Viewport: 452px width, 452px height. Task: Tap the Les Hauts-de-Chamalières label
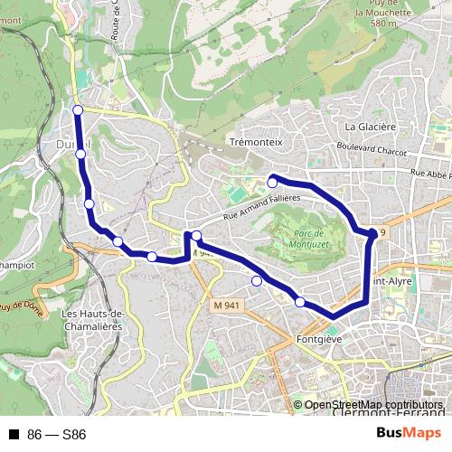click(x=92, y=318)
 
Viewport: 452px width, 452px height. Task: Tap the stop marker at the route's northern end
click(x=78, y=110)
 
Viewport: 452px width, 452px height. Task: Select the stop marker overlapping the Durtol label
click(x=81, y=155)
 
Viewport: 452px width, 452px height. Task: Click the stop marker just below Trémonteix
click(x=272, y=183)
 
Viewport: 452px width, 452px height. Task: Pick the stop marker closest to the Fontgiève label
click(x=300, y=302)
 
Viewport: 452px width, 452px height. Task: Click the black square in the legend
click(x=14, y=434)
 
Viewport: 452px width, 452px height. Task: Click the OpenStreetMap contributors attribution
click(x=373, y=406)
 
